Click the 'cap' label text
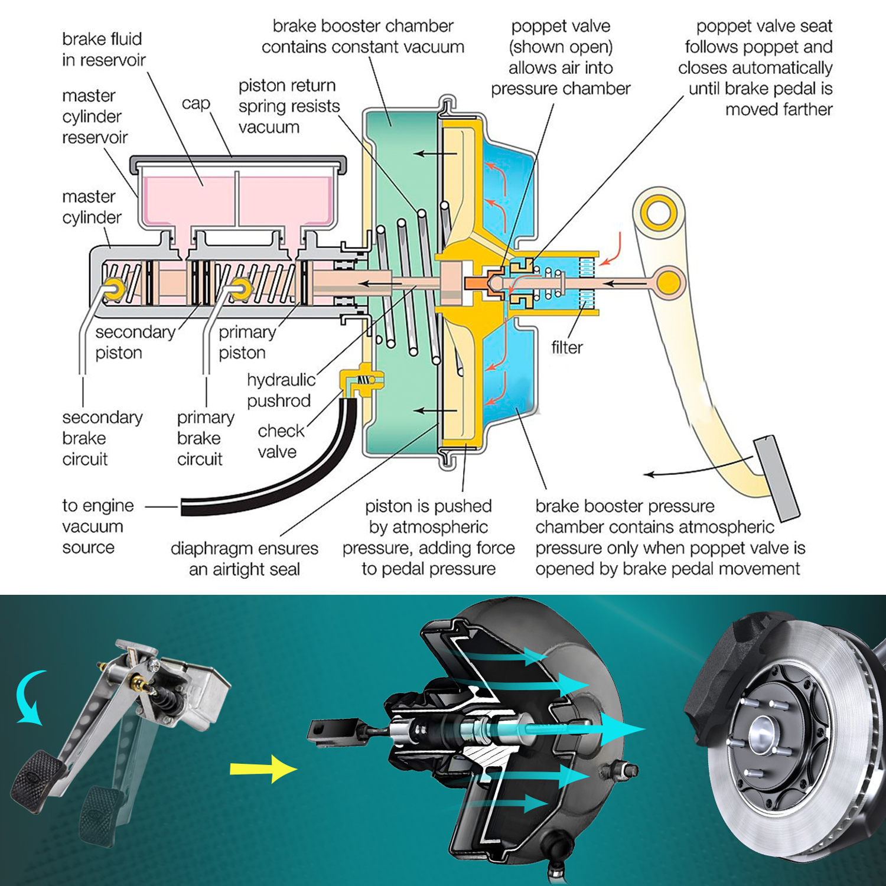[x=196, y=103]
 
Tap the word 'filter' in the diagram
[x=566, y=347]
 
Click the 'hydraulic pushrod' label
[x=280, y=390]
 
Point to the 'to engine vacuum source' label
[x=97, y=526]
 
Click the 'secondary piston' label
[x=134, y=342]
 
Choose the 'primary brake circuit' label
[x=205, y=438]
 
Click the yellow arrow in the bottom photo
[x=262, y=768]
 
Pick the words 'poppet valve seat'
[x=764, y=26]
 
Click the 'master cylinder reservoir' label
[x=94, y=116]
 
